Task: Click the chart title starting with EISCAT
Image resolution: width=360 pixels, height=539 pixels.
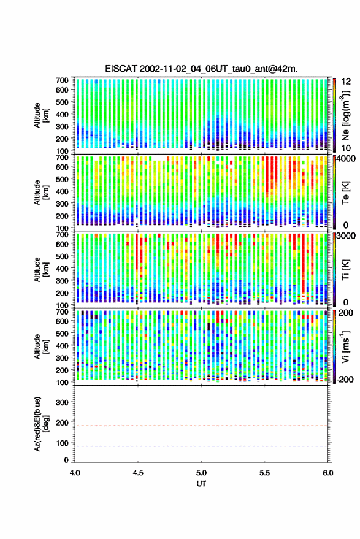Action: coord(201,69)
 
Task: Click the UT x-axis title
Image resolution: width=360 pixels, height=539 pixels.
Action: coord(201,484)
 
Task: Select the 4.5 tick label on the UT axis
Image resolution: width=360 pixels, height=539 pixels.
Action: coord(138,473)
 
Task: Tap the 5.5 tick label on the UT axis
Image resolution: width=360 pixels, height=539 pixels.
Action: coord(265,473)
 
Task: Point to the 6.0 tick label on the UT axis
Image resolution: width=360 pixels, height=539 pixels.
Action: coord(327,473)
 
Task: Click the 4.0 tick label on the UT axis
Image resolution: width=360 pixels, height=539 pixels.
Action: coord(75,473)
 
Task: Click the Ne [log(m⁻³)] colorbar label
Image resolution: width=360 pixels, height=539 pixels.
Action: coord(345,115)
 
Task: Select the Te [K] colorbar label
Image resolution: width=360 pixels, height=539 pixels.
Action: coord(345,193)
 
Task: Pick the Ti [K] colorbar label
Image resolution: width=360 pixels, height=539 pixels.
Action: coord(345,270)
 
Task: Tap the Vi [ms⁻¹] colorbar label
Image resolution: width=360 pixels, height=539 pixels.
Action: coord(345,346)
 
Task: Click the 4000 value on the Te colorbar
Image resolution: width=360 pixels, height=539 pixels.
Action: coord(347,158)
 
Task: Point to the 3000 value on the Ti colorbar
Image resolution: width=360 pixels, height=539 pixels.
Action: coord(347,235)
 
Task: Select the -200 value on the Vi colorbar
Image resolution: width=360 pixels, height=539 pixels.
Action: coord(345,379)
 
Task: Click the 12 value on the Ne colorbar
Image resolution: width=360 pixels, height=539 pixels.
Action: coord(347,82)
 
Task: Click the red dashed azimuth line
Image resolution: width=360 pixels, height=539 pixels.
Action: coord(201,426)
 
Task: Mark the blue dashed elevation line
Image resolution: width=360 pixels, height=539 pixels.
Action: coord(201,446)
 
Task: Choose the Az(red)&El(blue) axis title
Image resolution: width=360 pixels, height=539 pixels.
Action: coord(40,424)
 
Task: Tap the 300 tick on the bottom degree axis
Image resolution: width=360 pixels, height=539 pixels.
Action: coord(62,402)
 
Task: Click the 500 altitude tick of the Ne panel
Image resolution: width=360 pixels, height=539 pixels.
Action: coord(62,102)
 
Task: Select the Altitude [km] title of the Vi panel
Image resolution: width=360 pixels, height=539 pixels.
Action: coord(41,346)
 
